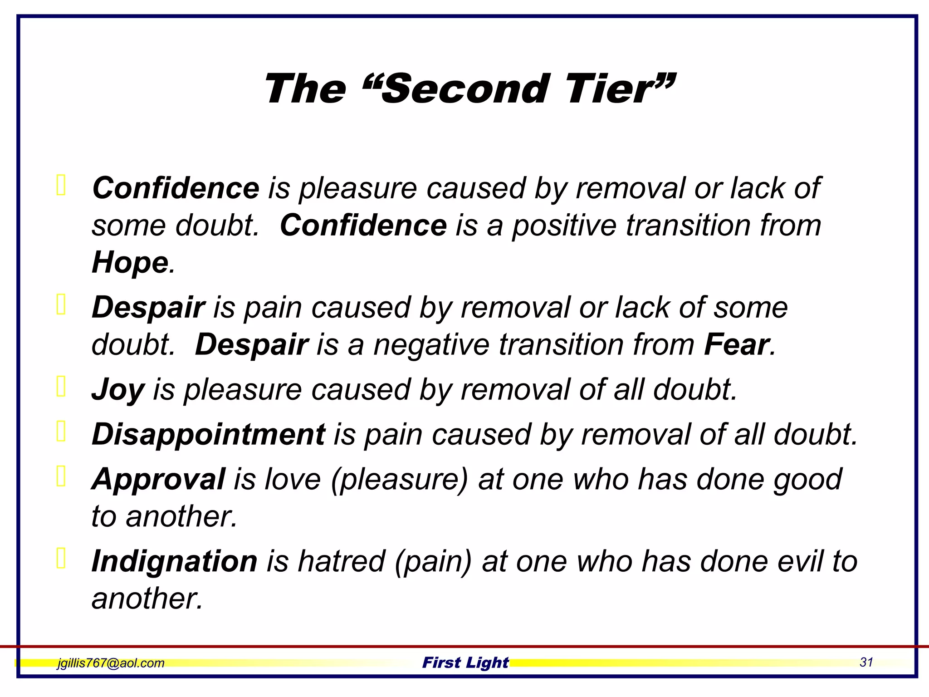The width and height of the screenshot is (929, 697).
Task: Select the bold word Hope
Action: [x=130, y=262]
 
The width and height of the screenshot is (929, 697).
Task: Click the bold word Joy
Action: [x=118, y=390]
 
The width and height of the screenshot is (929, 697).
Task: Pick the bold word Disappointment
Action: [x=208, y=434]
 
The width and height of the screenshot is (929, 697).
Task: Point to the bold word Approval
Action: [x=158, y=479]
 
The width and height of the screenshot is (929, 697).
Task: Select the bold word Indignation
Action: [x=175, y=561]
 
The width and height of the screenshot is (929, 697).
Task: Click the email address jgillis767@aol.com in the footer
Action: [x=111, y=663]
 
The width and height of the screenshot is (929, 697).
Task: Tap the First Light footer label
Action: [x=465, y=663]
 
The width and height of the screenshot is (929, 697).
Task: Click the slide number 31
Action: [x=866, y=662]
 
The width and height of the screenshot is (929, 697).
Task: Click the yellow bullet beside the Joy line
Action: [x=61, y=387]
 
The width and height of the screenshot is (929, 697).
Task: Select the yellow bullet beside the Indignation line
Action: [x=61, y=558]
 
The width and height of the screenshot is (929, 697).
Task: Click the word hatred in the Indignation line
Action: [x=341, y=561]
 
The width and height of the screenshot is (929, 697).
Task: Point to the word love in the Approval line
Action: [x=293, y=479]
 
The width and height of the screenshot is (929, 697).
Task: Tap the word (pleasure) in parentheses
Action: [x=399, y=480]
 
